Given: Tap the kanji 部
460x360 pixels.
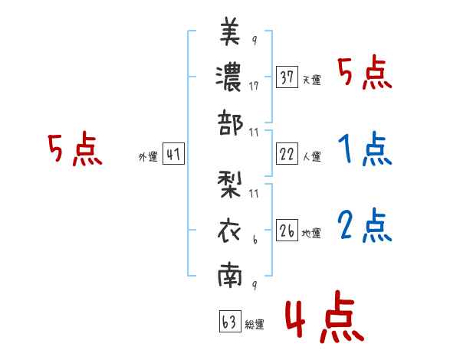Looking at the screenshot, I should click(230, 123).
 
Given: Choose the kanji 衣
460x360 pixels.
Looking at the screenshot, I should click(230, 231).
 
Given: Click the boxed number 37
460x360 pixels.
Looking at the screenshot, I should click(287, 78).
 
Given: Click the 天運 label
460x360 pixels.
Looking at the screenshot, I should click(311, 80).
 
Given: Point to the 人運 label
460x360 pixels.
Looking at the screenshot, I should click(311, 156).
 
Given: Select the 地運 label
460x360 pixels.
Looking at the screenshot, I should click(311, 233).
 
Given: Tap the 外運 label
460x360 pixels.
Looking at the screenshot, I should click(147, 156).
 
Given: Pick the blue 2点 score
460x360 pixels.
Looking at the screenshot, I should click(365, 225).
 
